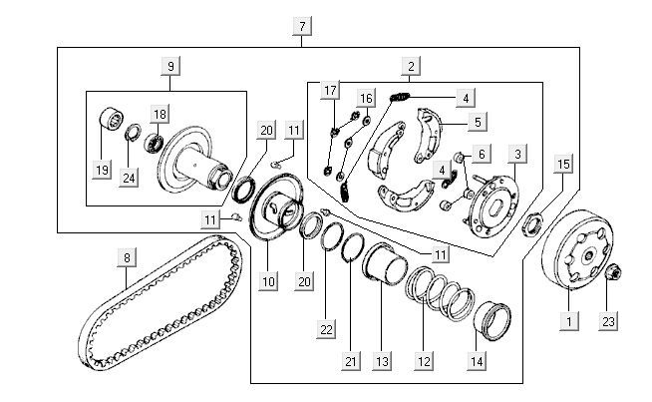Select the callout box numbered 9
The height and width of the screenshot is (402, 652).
click(170, 66)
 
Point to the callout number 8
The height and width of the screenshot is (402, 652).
click(127, 258)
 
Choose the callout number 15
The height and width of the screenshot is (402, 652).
click(563, 163)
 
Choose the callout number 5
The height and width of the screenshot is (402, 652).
click(478, 122)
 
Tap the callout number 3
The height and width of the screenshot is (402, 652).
click(517, 154)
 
